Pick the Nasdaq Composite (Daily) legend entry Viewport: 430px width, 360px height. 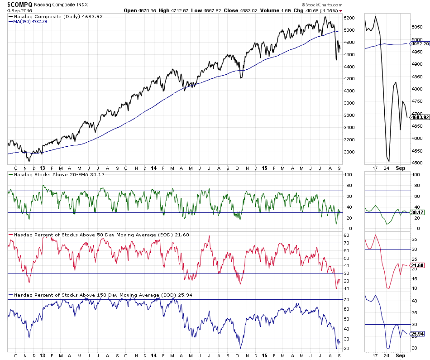[x=52, y=16]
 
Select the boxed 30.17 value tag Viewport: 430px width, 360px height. [x=417, y=212]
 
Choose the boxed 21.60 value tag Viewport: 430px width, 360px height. [x=417, y=265]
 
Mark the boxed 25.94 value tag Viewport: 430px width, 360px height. [x=417, y=334]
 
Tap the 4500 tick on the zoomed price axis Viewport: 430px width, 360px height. [x=416, y=163]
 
